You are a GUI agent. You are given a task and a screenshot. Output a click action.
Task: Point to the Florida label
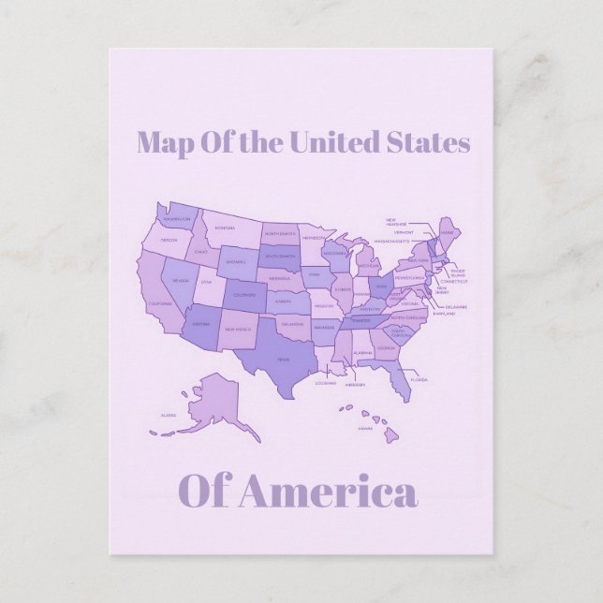click(x=419, y=380)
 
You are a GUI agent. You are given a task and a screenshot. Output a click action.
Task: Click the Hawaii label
click(x=364, y=428)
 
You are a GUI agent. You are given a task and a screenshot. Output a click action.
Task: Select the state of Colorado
click(x=243, y=296)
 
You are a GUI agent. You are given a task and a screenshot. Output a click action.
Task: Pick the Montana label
click(x=225, y=228)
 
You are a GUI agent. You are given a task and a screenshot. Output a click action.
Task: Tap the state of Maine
click(x=449, y=230)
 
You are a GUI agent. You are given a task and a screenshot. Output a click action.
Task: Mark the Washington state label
click(x=177, y=219)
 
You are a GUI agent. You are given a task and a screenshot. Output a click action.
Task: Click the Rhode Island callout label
click(x=457, y=272)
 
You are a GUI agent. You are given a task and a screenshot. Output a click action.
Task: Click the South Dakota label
click(x=278, y=256)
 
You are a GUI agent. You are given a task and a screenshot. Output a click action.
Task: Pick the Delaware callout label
click(x=456, y=306)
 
